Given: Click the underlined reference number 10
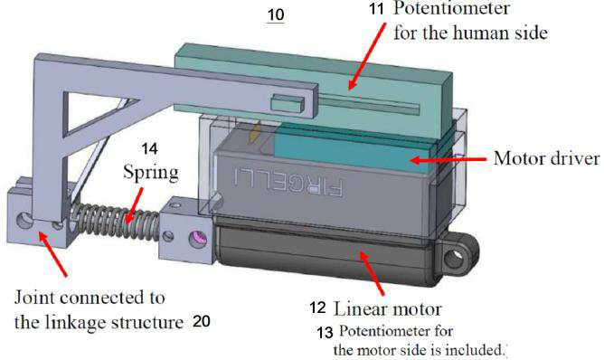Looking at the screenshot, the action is (276, 15).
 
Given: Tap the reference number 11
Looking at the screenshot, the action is (376, 8).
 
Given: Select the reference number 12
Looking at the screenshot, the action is (317, 308).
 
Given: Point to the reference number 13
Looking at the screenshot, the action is (326, 332).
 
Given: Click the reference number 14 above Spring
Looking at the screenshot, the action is (149, 148).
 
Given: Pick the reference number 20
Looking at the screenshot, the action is (202, 321).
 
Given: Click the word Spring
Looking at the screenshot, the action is (151, 172).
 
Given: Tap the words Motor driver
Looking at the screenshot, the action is (547, 158).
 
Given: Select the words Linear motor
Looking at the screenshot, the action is (387, 309).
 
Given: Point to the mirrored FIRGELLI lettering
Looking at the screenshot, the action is (288, 181).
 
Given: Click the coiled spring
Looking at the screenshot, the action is (116, 220).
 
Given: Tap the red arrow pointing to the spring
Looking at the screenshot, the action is (135, 206).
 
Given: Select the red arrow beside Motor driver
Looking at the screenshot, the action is (448, 159).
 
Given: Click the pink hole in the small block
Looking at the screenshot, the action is (198, 240).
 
